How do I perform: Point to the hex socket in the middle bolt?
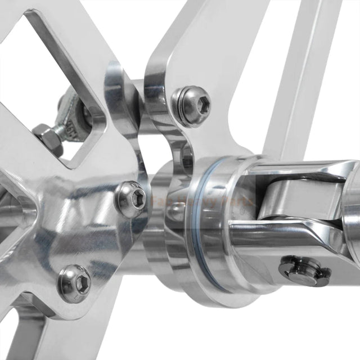tap(137, 196)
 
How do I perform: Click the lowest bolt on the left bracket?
tap(75, 280)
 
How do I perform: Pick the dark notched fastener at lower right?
tap(304, 269)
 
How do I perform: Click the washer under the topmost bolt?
tap(180, 110)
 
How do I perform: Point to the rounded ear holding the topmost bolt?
tap(169, 84)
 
